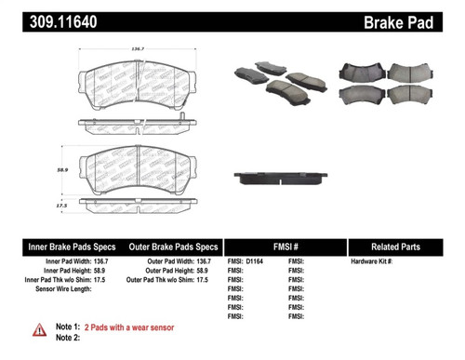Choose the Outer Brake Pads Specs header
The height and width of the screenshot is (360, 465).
pyautogui.click(x=172, y=247)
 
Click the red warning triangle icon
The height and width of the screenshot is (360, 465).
pyautogui.click(x=39, y=329)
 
